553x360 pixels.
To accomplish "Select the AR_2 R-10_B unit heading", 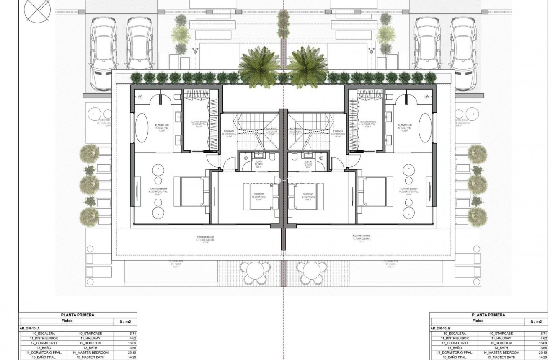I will (440, 328).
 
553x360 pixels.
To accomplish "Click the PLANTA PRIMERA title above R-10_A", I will (78, 315).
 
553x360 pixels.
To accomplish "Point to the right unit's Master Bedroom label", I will (409, 191).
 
